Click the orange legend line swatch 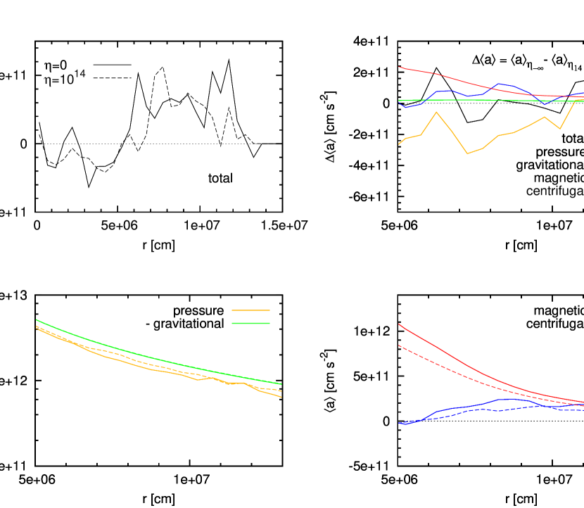pos(250,310)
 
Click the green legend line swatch pos(250,323)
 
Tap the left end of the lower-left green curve pos(37,319)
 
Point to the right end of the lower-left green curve pos(281,384)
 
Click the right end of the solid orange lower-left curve pos(281,398)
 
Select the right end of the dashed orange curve pos(281,390)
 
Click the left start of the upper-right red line pos(399,68)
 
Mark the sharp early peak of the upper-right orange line pos(436,112)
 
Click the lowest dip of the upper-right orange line pos(467,153)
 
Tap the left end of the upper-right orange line pos(399,144)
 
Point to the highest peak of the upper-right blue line pos(499,83)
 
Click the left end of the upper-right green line pos(399,101)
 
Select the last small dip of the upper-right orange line pos(560,129)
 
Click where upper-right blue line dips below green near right pos(545,103)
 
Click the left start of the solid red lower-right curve pos(399,324)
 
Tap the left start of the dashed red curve pos(399,345)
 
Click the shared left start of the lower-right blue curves pos(400,423)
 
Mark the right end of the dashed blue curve pos(583,409)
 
